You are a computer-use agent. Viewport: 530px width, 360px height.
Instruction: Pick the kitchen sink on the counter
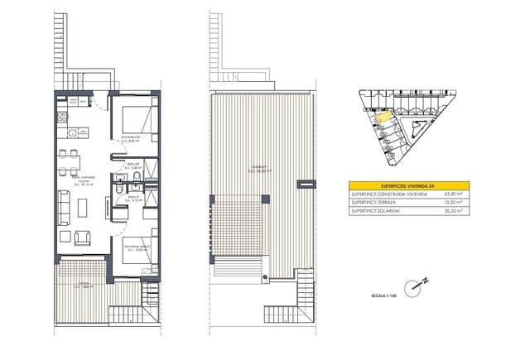tap(72, 132)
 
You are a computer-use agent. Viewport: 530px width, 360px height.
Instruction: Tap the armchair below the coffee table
tap(84, 238)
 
